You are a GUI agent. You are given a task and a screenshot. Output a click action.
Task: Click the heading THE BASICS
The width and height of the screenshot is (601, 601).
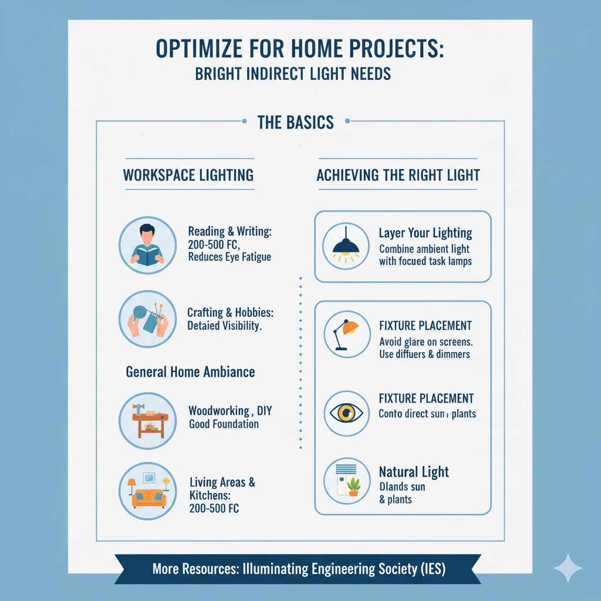295,122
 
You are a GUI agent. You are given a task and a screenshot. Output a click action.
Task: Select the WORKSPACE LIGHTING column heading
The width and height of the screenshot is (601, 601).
188,174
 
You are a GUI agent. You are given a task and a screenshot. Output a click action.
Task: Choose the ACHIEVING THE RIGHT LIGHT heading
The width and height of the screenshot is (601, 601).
398,175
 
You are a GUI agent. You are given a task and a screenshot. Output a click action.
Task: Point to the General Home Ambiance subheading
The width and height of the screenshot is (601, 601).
190,372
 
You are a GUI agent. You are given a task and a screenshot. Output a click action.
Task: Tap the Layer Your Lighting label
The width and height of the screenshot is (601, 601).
426,233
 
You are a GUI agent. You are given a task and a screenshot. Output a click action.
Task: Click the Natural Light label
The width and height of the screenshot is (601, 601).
414,472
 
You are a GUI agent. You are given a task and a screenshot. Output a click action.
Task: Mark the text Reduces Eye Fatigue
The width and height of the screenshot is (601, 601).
229,257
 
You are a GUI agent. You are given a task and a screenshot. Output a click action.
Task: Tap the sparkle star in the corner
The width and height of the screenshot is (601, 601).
568,568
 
